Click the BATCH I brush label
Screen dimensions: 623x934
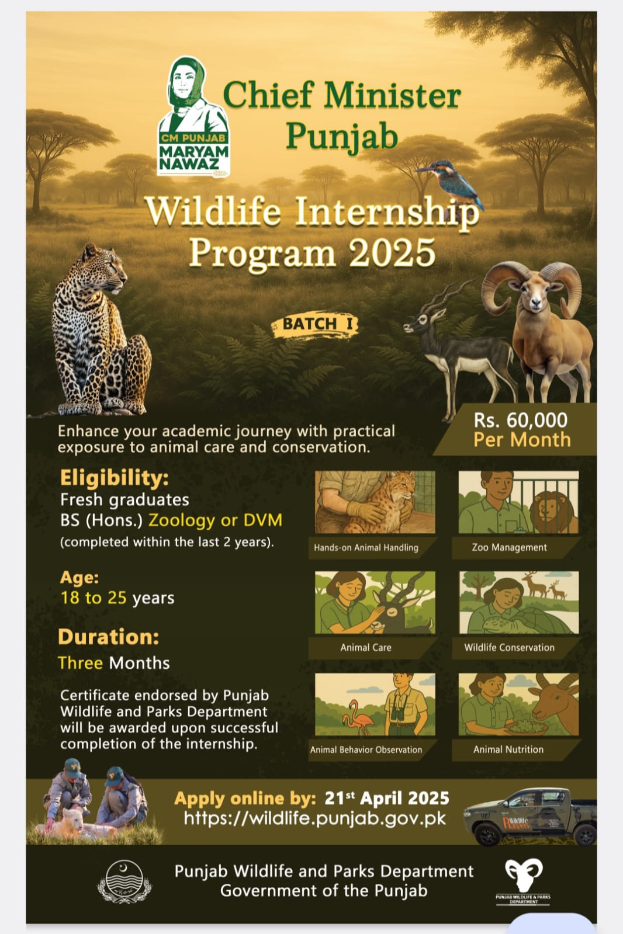click(x=314, y=324)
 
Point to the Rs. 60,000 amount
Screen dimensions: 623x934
click(x=520, y=420)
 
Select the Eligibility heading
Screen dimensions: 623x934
click(x=115, y=477)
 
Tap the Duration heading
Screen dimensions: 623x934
click(x=109, y=637)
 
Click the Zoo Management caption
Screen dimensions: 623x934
click(x=509, y=547)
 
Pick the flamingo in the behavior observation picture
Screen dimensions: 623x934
click(x=357, y=718)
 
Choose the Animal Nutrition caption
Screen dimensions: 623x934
click(x=508, y=749)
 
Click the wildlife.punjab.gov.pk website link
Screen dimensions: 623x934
click(x=315, y=818)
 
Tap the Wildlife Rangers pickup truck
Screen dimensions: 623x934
click(x=530, y=817)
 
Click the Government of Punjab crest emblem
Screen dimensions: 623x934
click(x=124, y=882)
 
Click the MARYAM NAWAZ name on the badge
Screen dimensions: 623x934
click(x=193, y=158)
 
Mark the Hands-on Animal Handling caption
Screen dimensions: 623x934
click(x=366, y=547)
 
